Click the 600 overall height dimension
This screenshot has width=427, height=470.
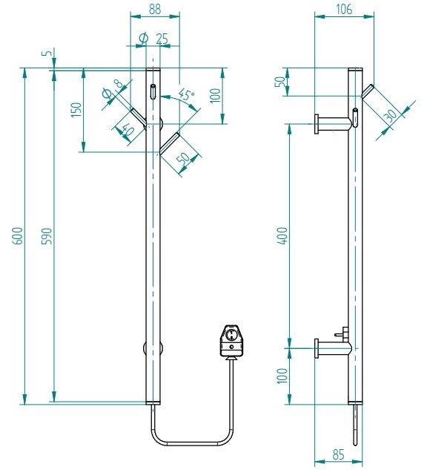19,235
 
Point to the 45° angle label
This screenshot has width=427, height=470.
185,94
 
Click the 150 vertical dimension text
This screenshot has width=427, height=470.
76,109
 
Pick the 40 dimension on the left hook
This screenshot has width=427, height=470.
128,130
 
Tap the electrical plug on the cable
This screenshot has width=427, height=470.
231,341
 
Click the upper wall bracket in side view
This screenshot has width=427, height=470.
331,123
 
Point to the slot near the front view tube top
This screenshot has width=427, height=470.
153,93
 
